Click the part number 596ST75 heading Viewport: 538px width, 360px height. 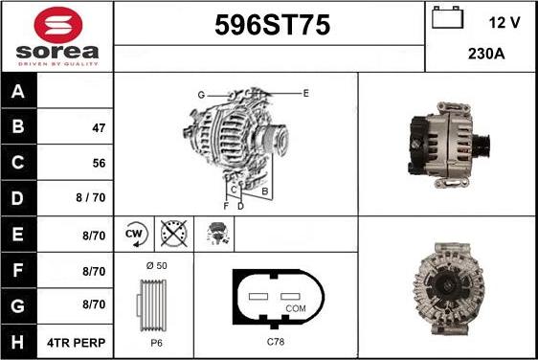coord(269,27)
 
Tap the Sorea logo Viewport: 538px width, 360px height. coord(56,35)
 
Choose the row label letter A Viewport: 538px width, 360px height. coord(18,92)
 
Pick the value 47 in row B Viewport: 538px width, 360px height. coord(98,127)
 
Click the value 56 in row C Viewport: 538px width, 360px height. coord(98,163)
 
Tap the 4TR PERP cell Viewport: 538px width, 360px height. coord(78,342)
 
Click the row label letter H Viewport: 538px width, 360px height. coord(18,342)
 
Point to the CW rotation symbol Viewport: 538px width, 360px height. coord(134,234)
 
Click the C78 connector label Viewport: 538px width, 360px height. coord(275,341)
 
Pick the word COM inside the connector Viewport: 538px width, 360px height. coord(297,308)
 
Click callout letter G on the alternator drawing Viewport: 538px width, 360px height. coord(201,94)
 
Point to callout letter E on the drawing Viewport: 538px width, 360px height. coord(305,93)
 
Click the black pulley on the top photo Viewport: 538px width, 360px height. coord(482,146)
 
